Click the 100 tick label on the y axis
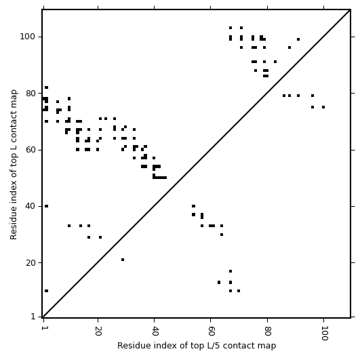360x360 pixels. pos(27,37)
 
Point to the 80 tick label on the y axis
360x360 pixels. pos(30,93)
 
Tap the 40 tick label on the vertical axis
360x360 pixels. pos(30,206)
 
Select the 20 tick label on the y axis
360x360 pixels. pos(30,262)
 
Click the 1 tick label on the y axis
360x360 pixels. pos(33,317)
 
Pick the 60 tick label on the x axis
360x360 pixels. pos(211,331)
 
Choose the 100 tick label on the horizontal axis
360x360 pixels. pos(324,333)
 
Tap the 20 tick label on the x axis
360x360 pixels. pos(98,331)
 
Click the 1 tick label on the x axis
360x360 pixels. pos(43,328)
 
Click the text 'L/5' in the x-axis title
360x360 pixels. pos(212,346)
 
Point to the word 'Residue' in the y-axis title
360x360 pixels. pos(14,225)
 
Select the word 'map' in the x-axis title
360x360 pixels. pos(268,346)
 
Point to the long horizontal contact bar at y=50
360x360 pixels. pos(160,178)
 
